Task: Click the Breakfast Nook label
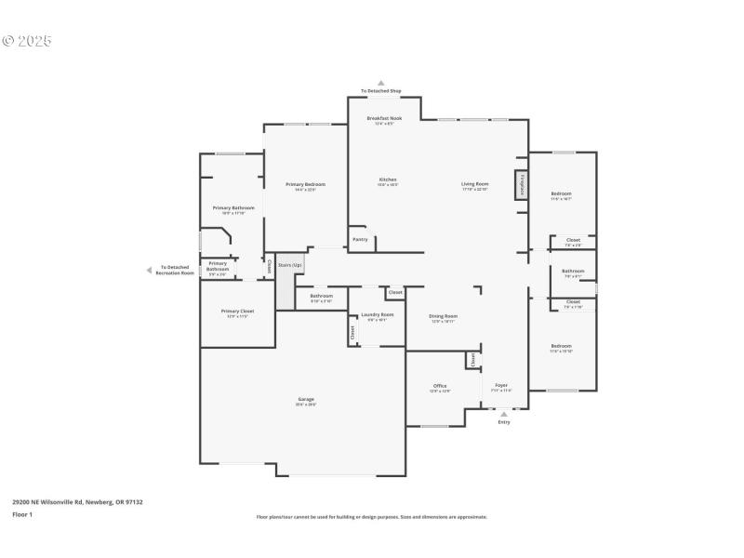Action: [x=384, y=119]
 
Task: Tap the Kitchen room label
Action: [x=388, y=179]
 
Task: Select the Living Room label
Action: [x=474, y=184]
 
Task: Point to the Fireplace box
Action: [x=522, y=184]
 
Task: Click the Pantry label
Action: [x=360, y=239]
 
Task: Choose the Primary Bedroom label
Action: [x=305, y=184]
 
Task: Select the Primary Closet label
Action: [x=237, y=312]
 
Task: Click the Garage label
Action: [x=306, y=400]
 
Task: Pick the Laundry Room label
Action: [x=378, y=315]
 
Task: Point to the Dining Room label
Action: [x=443, y=316]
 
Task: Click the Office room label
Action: [x=440, y=386]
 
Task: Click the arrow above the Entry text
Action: [x=504, y=414]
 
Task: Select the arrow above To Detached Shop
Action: [x=380, y=83]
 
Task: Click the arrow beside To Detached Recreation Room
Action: [x=148, y=271]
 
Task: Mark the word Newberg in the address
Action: [x=99, y=502]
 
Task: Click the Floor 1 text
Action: [x=22, y=514]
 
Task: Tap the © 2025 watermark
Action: [x=27, y=41]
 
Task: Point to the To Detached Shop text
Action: [x=380, y=91]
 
